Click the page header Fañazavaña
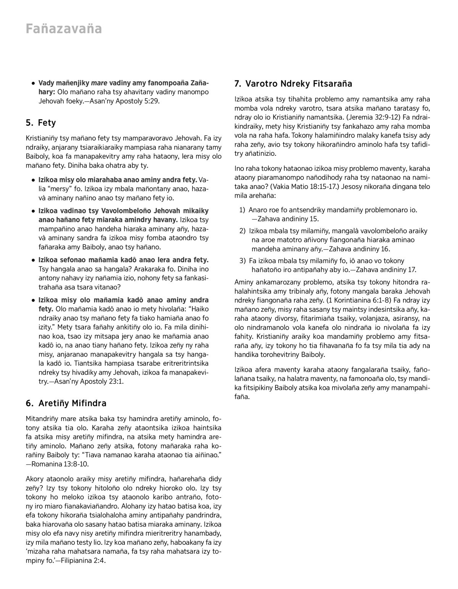click(x=64, y=29)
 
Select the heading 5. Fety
click(x=41, y=123)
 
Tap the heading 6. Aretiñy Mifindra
click(x=66, y=403)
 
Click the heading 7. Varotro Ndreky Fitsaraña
click(x=293, y=84)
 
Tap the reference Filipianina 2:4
click(x=84, y=561)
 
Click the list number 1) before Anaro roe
click(x=242, y=210)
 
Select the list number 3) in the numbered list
click(x=242, y=261)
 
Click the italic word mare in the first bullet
click(x=99, y=83)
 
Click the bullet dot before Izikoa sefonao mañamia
click(x=34, y=260)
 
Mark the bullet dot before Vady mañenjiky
click(x=34, y=83)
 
